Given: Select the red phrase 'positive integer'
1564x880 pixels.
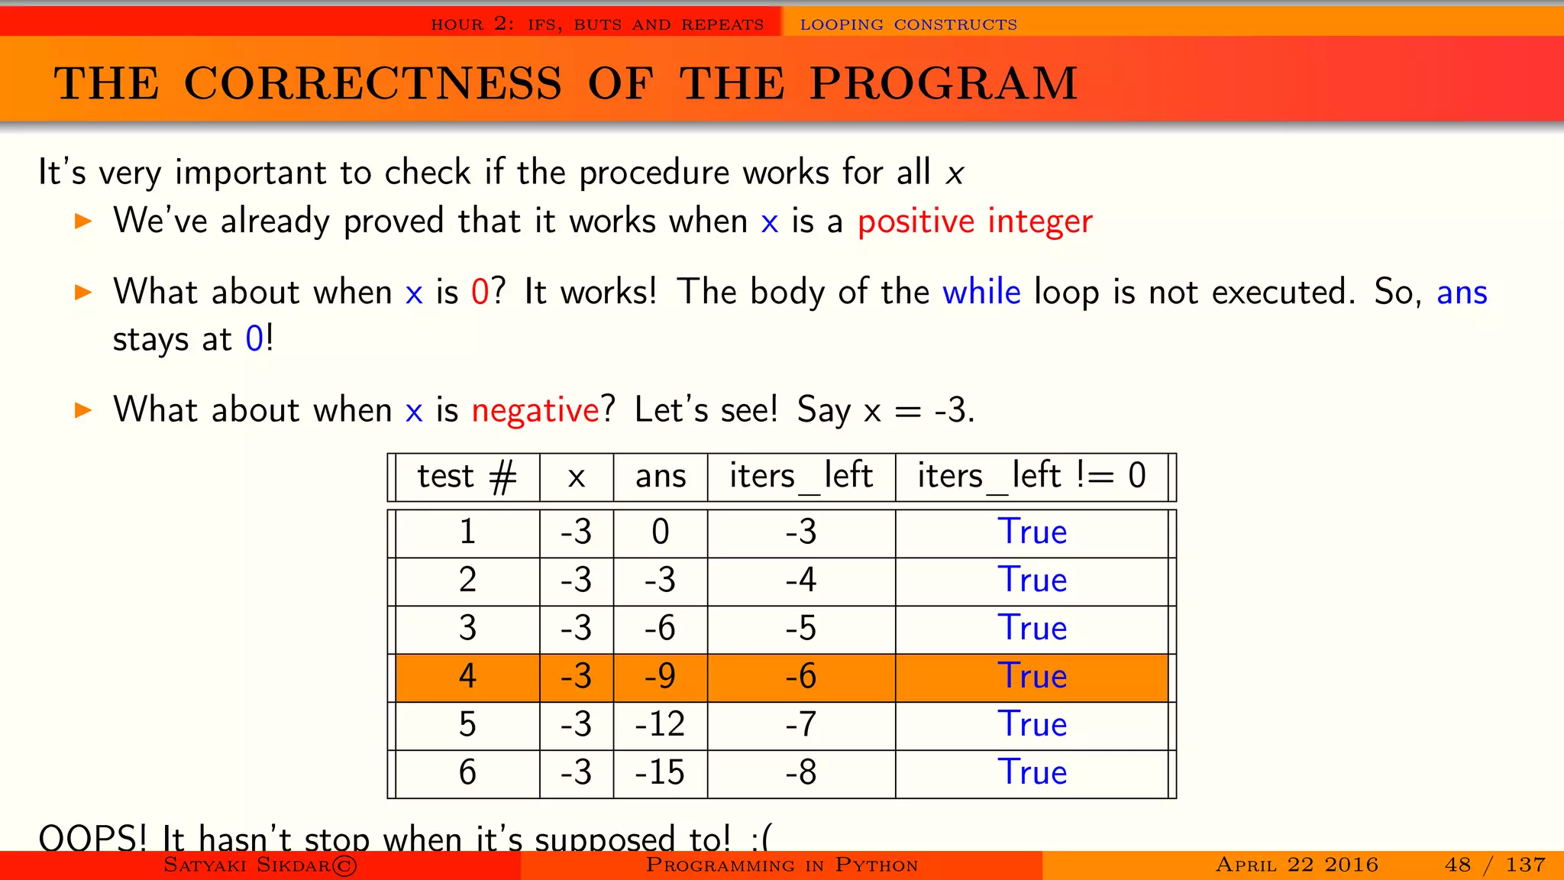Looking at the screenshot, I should click(x=974, y=222).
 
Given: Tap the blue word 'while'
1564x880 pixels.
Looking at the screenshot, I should click(x=981, y=293).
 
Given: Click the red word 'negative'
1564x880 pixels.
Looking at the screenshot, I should click(x=535, y=410).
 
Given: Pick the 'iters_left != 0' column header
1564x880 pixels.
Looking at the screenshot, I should click(x=1031, y=476).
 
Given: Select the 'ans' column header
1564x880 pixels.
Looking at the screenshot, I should click(x=661, y=476).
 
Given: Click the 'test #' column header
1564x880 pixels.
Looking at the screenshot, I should click(x=467, y=476).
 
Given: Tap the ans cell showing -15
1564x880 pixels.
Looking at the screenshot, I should click(x=660, y=772).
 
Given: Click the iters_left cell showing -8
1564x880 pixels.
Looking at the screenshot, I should click(x=801, y=772).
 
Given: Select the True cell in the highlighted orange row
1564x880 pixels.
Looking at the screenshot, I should click(x=1032, y=676).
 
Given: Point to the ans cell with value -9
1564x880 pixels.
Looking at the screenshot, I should click(x=660, y=676).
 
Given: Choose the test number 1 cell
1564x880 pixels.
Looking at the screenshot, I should click(x=467, y=532).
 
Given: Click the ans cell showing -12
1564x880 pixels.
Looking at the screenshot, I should click(x=660, y=724).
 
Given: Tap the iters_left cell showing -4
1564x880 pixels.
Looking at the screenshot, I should click(x=801, y=580).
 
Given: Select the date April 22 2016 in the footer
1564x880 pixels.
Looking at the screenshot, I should click(x=1297, y=865).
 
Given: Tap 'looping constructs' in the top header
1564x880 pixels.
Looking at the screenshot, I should click(x=908, y=24).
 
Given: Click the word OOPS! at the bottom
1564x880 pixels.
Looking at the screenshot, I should click(x=92, y=839).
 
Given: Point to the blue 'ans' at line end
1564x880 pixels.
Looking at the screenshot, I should click(x=1462, y=293).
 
